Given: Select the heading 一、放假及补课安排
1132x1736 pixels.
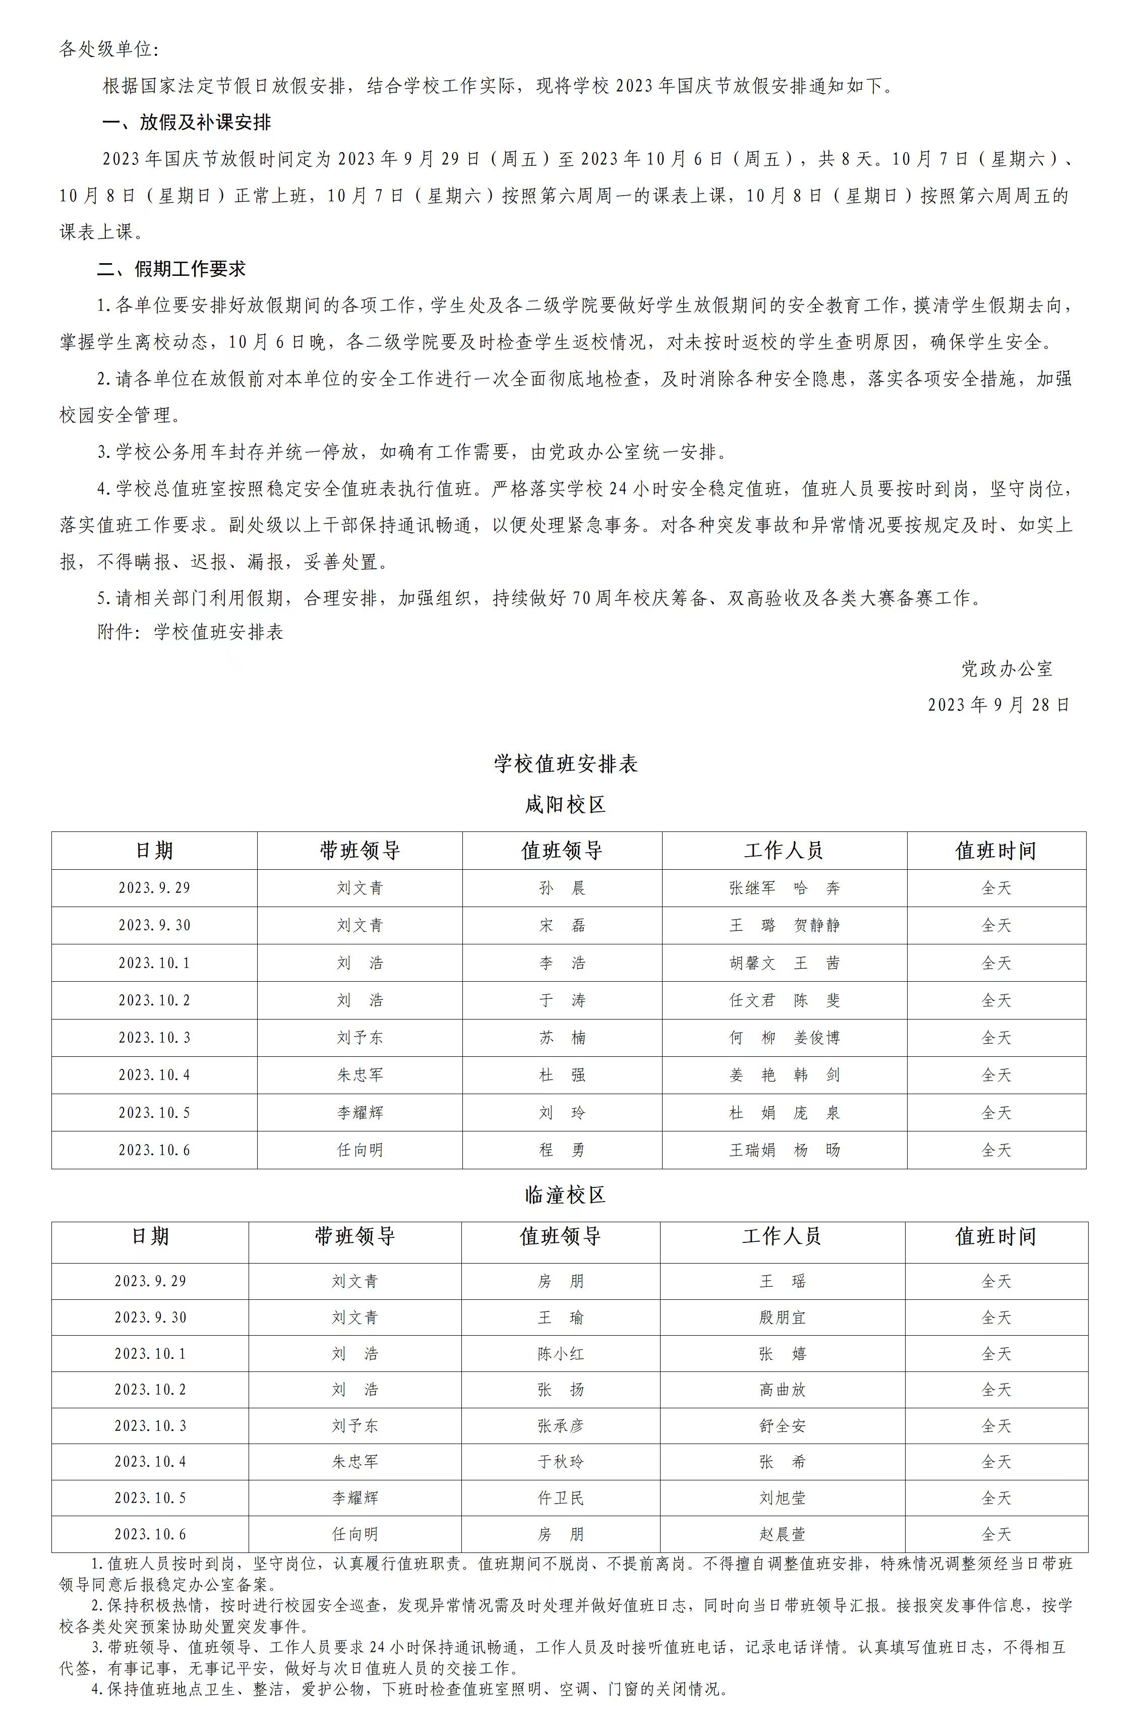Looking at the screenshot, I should [x=187, y=122].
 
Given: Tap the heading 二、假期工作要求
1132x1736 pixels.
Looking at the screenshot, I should [x=171, y=269].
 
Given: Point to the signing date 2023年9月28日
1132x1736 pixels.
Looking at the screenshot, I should [x=998, y=704].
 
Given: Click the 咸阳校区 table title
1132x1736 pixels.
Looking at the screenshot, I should [x=565, y=805].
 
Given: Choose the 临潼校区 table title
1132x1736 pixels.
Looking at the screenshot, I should [x=565, y=1195].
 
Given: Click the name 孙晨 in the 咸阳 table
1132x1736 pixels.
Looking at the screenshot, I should [x=562, y=888].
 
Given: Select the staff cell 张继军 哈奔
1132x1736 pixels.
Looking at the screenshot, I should [x=784, y=888].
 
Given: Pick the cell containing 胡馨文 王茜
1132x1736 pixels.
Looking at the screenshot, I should [x=784, y=963].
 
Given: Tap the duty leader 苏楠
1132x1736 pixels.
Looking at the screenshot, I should [x=562, y=1037].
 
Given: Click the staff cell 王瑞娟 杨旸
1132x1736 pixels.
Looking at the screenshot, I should [x=784, y=1150].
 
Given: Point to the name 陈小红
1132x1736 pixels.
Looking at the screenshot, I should [x=560, y=1354].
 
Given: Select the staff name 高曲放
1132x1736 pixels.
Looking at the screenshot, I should [x=782, y=1390].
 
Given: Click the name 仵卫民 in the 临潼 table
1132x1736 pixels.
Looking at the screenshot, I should [x=560, y=1498].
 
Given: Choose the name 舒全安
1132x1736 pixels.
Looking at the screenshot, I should [x=782, y=1426].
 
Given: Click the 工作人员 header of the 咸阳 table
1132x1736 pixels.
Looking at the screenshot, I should [x=784, y=851].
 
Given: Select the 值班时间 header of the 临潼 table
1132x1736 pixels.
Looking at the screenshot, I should [x=996, y=1236].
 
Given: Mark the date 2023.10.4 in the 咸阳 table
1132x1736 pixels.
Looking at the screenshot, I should [x=154, y=1074].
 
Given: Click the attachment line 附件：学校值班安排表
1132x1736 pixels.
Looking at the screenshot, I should [x=190, y=632].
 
